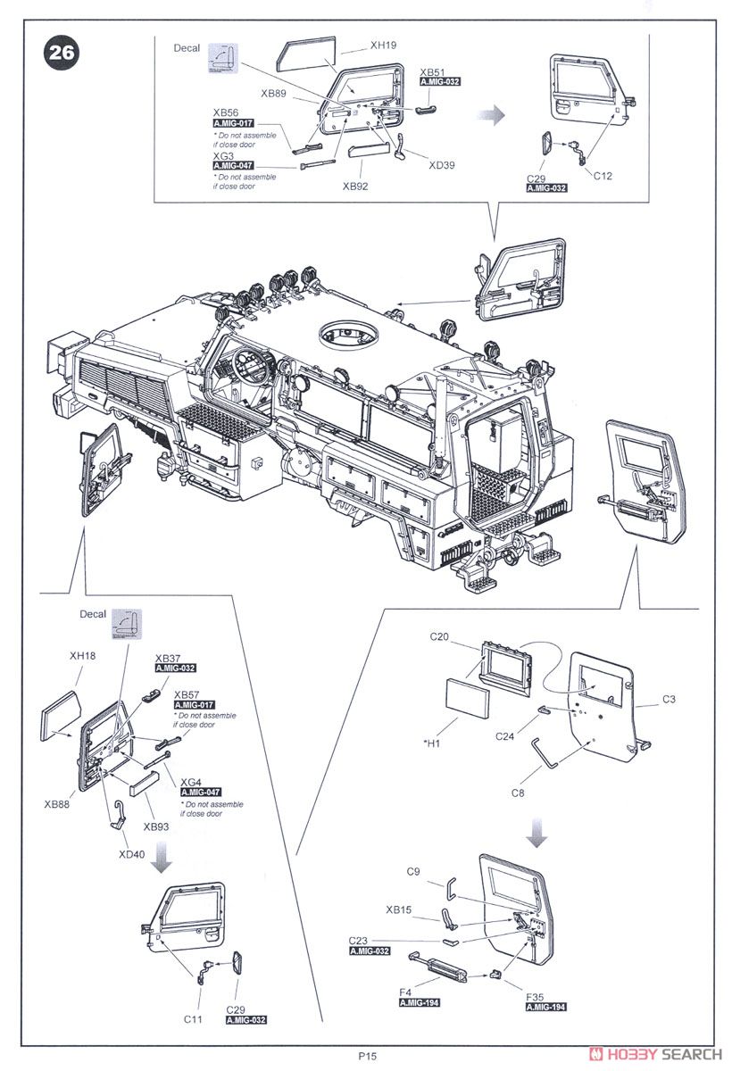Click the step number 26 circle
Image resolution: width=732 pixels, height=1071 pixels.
pyautogui.click(x=61, y=53)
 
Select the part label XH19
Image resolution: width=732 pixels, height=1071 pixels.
pyautogui.click(x=382, y=43)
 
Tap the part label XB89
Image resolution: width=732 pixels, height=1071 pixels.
pyautogui.click(x=274, y=93)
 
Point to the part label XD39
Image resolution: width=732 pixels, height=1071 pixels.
pyautogui.click(x=442, y=164)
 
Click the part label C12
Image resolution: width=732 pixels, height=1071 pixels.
pyautogui.click(x=603, y=176)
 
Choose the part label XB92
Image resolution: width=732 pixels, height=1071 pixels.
pyautogui.click(x=354, y=187)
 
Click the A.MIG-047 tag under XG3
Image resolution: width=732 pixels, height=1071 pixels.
pyautogui.click(x=234, y=166)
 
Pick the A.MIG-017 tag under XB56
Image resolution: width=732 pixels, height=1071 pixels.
pyautogui.click(x=234, y=123)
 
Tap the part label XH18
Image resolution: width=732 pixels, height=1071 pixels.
pyautogui.click(x=82, y=656)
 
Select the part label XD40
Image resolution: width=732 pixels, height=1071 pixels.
pyautogui.click(x=132, y=853)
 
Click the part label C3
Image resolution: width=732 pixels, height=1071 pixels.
pyautogui.click(x=669, y=700)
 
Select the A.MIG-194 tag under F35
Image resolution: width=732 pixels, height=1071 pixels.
pyautogui.click(x=545, y=1006)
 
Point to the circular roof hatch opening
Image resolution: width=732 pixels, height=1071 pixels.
pyautogui.click(x=348, y=335)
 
